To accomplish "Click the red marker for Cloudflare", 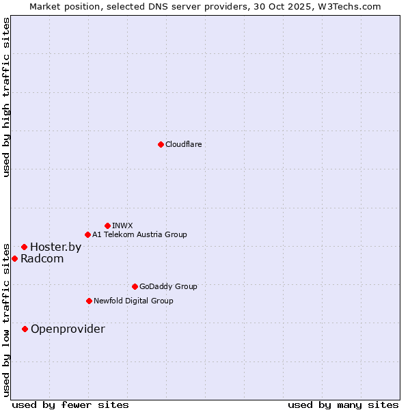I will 161,144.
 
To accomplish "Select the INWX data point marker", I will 107,225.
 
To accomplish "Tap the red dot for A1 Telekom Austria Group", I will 87,235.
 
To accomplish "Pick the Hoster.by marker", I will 24,247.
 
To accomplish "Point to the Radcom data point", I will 14,258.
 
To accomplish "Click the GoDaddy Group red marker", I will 135,286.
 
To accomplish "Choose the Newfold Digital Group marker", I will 89,301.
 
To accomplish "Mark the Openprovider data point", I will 25,329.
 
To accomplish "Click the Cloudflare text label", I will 183,144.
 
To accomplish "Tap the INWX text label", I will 122,225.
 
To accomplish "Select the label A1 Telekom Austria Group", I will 139,235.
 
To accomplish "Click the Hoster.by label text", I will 55,247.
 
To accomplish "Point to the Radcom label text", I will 42,258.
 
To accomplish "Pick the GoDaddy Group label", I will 168,286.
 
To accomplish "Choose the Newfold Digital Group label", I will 133,301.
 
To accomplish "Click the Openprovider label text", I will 68,329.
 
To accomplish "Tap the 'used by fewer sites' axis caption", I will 70,405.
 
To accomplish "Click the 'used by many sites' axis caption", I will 343,405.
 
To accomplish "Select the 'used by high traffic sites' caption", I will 6,97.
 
